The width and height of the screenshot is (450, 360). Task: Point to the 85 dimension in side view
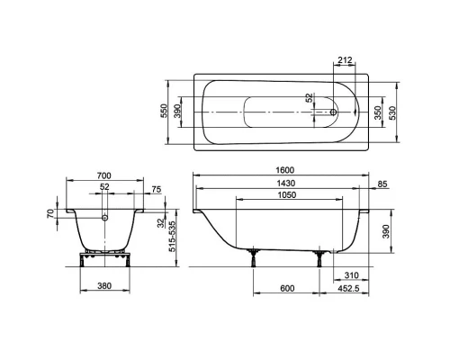tap(383, 185)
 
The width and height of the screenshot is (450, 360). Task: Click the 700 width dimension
tap(106, 175)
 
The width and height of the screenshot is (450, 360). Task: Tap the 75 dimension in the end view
tap(157, 190)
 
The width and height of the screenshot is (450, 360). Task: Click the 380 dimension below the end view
tap(105, 290)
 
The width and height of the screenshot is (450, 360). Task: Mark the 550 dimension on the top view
tap(164, 111)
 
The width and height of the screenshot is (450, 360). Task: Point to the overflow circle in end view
tap(105, 217)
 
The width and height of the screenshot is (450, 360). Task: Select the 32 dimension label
tap(158, 223)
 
